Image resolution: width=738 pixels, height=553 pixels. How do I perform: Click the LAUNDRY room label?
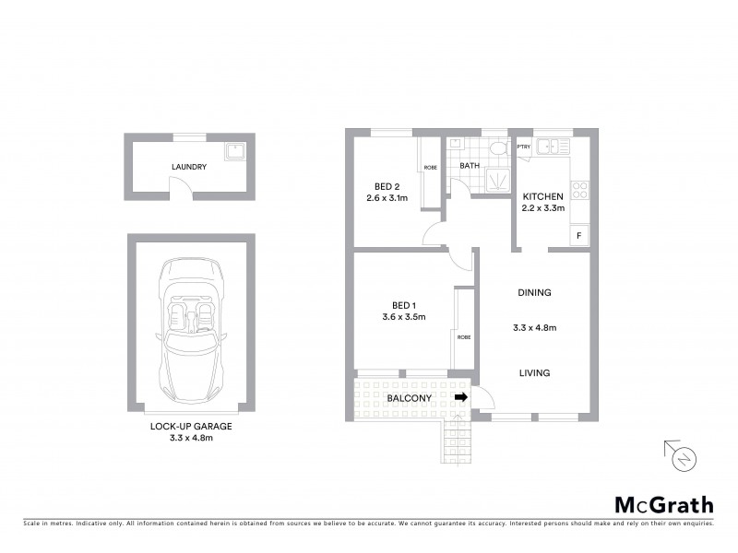188,167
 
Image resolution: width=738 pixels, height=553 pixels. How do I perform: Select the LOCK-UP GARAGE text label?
191,427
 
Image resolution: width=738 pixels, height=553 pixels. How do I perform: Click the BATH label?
470,166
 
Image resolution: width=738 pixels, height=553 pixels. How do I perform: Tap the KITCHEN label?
543,197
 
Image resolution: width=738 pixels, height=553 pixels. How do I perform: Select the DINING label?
534,293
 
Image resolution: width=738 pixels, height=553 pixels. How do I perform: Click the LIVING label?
534,373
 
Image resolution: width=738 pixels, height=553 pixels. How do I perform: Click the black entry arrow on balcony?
461,397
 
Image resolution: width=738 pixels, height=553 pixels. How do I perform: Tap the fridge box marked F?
578,236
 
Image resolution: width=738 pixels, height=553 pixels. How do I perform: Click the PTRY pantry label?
523,147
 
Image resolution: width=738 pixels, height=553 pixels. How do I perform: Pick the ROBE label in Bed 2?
430,168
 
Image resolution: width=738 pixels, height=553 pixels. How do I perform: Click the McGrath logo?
664,504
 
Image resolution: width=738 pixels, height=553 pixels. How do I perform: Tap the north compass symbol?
684,456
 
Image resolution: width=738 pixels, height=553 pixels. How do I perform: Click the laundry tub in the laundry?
234,148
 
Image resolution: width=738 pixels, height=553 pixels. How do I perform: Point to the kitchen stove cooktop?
580,191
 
